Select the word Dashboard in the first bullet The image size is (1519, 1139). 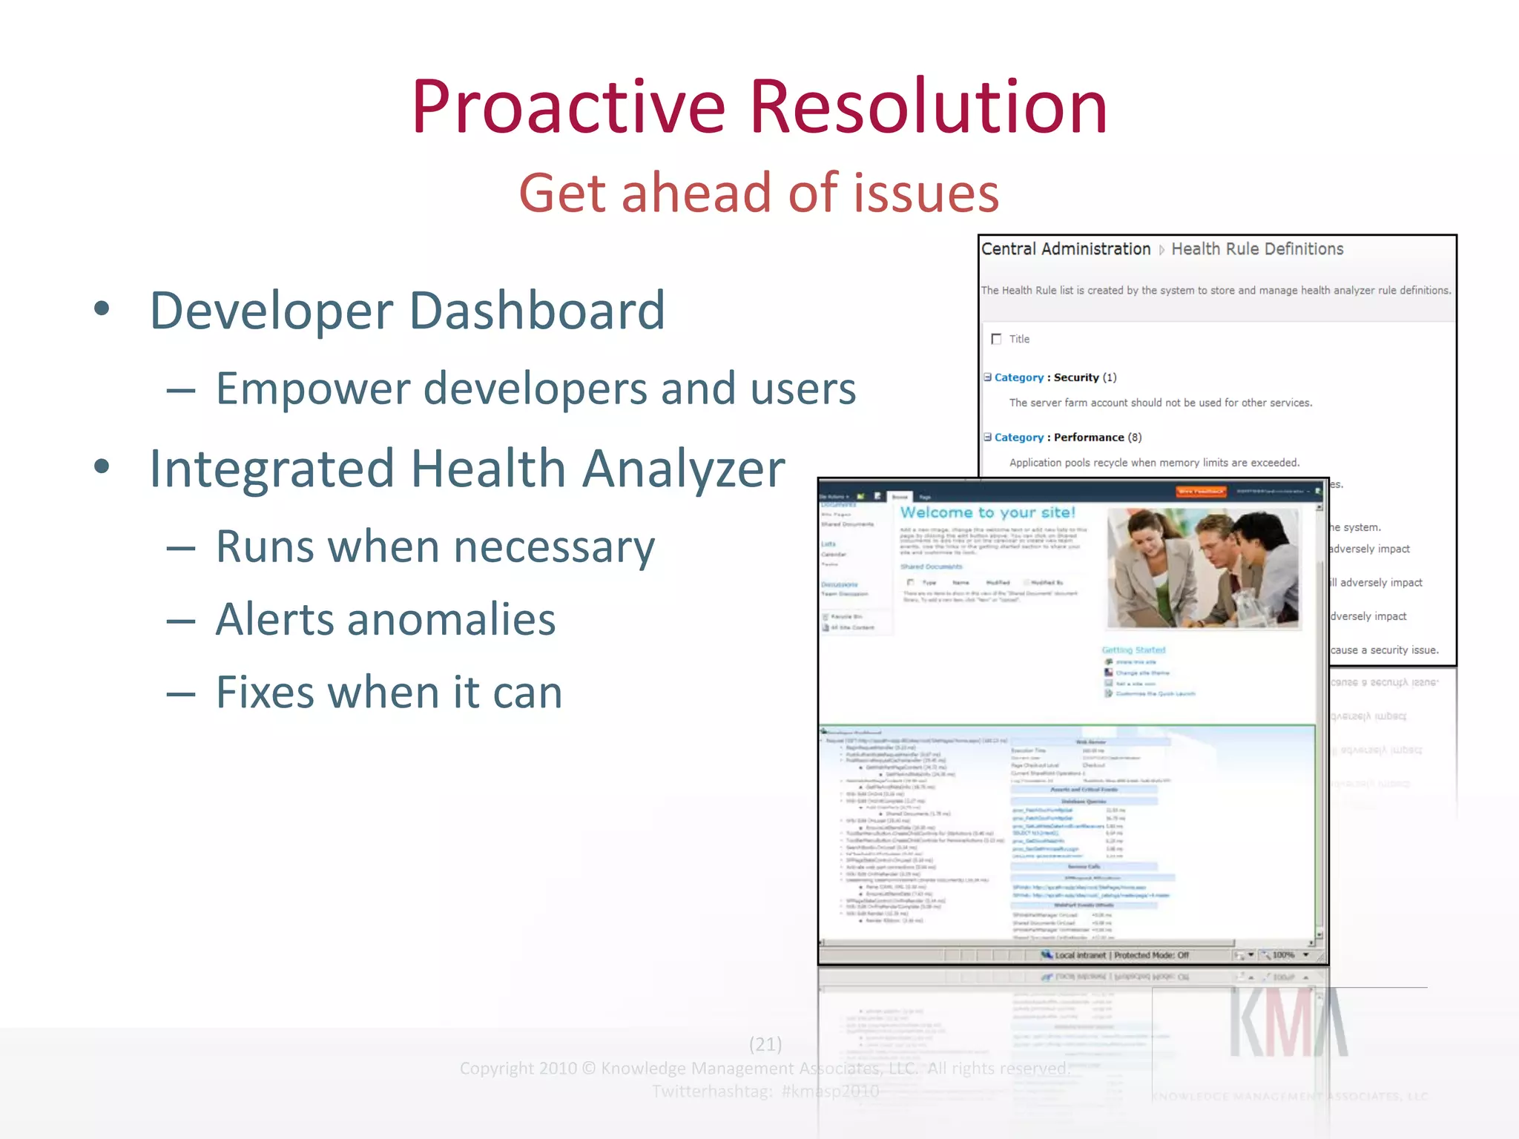(537, 310)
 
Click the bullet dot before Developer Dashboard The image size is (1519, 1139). (102, 309)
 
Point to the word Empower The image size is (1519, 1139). (312, 389)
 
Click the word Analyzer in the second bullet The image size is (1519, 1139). (683, 469)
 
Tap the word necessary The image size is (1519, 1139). (554, 548)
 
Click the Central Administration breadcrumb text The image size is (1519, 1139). (1066, 249)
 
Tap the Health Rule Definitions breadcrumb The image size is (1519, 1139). (1257, 249)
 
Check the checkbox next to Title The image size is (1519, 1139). (996, 339)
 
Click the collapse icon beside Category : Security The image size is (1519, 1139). (987, 377)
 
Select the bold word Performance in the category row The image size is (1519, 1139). (1088, 438)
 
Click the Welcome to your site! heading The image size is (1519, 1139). (987, 512)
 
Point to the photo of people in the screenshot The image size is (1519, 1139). (1202, 567)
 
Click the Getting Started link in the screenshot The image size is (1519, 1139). (1133, 650)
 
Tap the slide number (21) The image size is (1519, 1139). (765, 1044)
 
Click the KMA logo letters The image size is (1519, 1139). (1288, 1023)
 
